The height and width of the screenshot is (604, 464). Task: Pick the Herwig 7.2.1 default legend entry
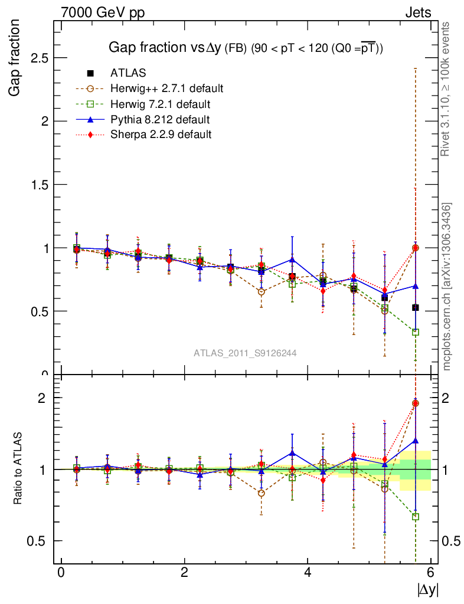tap(160, 104)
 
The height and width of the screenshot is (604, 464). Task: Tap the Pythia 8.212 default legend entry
tap(160, 119)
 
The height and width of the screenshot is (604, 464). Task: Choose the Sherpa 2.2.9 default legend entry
tap(161, 134)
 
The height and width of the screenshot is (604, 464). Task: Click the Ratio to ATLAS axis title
tap(18, 469)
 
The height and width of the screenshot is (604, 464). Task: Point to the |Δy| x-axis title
tap(428, 589)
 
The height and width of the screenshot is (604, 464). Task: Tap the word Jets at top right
tap(418, 12)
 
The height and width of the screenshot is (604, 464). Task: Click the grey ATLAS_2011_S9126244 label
tap(245, 353)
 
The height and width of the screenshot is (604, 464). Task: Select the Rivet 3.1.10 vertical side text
tap(447, 89)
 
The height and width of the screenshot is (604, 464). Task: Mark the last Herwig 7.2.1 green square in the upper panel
tap(416, 332)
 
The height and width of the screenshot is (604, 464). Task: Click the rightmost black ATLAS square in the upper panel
tap(416, 307)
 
